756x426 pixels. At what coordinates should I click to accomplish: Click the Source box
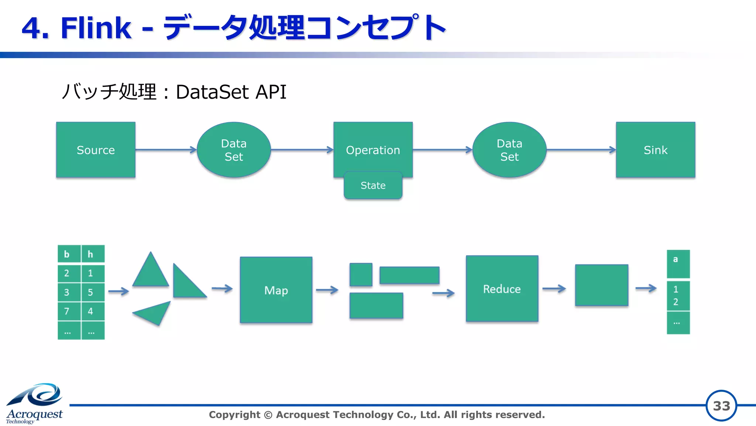[x=96, y=150]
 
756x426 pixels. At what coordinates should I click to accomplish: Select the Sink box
[x=655, y=150]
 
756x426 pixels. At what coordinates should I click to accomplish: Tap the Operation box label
[x=373, y=150]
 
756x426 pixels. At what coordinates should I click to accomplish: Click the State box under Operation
[x=373, y=185]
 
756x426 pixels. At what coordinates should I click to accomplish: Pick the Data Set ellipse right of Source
[x=234, y=150]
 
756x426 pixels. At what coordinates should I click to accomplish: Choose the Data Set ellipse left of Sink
[x=509, y=150]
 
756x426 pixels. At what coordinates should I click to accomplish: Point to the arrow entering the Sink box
[x=581, y=150]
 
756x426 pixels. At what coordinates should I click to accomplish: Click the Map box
[x=276, y=290]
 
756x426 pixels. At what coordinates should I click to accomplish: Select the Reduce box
[x=502, y=289]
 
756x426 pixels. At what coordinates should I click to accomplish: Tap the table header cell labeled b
[x=69, y=254]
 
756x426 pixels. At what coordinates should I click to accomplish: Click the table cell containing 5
[x=92, y=292]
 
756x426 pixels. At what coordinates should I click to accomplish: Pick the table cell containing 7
[x=69, y=311]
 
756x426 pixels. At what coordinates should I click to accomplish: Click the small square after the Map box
[x=361, y=275]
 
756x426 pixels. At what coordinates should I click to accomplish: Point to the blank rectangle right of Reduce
[x=601, y=285]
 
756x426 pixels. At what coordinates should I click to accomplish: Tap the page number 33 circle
[x=721, y=406]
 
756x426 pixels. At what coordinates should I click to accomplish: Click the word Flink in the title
[x=96, y=28]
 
